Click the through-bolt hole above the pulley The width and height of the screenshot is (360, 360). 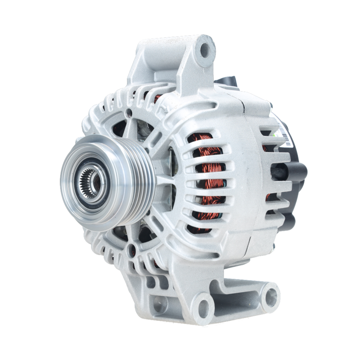[x=127, y=114]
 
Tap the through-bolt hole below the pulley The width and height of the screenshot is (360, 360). [x=132, y=248]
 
